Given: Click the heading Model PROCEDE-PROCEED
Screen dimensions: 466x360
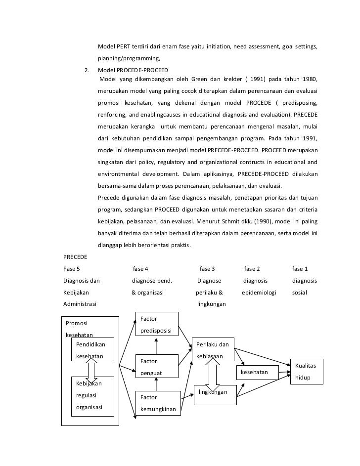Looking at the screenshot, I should click(x=133, y=70).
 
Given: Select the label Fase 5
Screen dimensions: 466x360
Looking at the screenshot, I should click(x=72, y=269).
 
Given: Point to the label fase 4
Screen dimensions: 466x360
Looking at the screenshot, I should click(x=140, y=269).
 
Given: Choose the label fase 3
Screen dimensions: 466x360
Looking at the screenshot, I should click(x=207, y=269).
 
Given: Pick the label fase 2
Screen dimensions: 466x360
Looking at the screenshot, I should click(x=252, y=269).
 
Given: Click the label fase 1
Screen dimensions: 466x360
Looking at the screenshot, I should click(x=300, y=269).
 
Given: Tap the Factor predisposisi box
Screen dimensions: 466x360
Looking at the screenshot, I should click(x=156, y=325).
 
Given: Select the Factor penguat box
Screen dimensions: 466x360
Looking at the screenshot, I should click(x=156, y=365).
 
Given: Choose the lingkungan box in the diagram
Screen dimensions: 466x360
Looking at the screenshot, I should click(x=213, y=392).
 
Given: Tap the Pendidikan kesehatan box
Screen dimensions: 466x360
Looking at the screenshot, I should click(x=92, y=349).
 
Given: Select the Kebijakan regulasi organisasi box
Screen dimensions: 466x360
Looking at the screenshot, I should click(x=92, y=395).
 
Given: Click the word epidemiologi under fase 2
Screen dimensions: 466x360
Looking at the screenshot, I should click(x=259, y=293).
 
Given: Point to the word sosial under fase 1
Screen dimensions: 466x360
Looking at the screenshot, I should click(x=300, y=293).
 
